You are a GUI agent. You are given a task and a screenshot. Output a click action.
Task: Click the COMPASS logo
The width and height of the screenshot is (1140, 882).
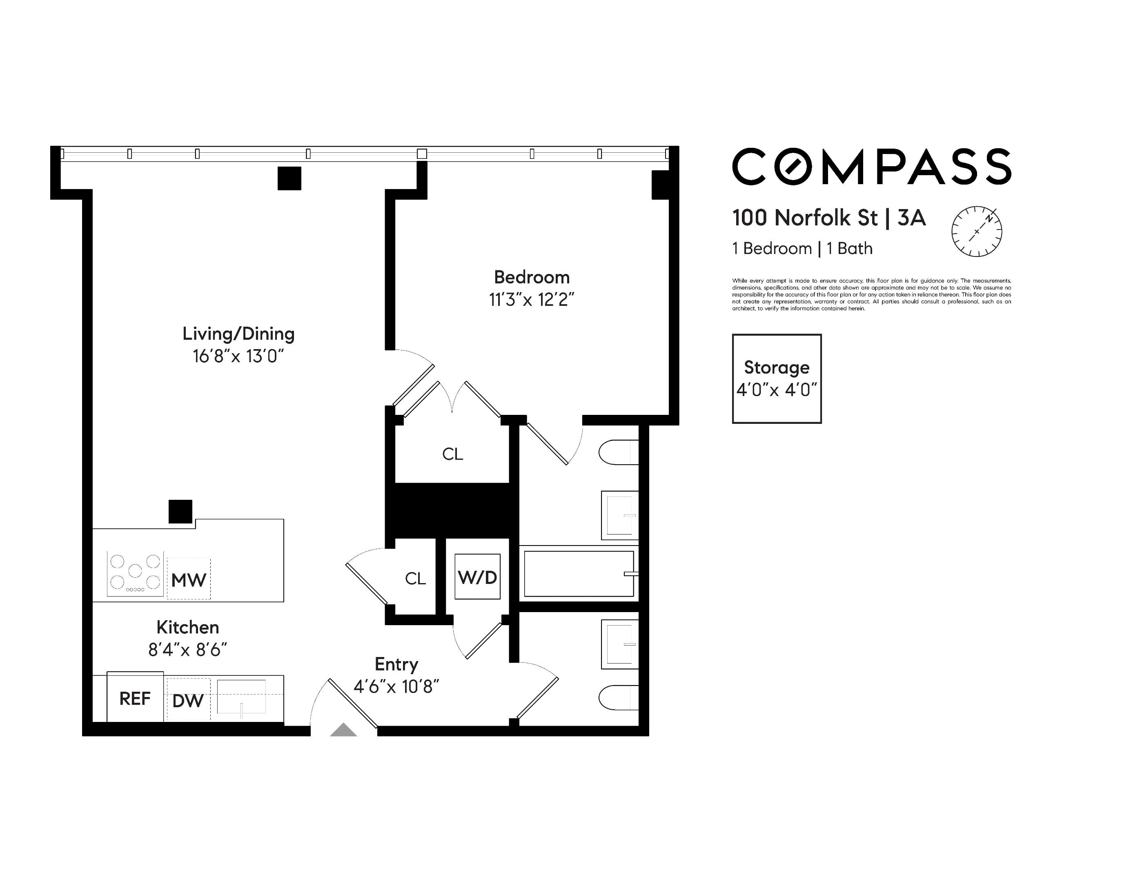pos(872,167)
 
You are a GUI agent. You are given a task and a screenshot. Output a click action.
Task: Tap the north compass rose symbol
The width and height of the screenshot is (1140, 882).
pos(977,232)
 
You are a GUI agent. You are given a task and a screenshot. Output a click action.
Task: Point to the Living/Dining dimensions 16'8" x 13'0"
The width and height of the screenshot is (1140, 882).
pos(238,356)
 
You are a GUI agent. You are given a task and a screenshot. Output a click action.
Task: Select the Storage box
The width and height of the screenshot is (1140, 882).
pos(777,379)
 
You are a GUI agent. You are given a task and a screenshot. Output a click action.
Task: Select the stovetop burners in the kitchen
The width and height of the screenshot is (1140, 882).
pos(135,573)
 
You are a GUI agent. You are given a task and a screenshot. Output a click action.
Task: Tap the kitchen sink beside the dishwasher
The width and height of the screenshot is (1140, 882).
pos(241,698)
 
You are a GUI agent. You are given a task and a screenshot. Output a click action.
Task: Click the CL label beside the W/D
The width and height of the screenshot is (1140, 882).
pos(416,578)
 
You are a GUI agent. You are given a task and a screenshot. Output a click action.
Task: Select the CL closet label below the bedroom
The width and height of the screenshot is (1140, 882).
pos(452,454)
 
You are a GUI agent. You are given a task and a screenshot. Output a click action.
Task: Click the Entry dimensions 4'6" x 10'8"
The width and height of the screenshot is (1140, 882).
pos(396,686)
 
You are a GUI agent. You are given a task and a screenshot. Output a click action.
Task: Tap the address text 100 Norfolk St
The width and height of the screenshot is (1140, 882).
pos(805,218)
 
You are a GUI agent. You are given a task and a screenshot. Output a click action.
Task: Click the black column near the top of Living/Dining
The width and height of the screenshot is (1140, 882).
pos(289,178)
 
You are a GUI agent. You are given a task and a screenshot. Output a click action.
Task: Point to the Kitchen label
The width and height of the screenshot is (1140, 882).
pos(188,627)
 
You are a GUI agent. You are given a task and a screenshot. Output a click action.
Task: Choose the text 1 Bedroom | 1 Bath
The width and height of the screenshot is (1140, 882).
pos(802,248)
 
